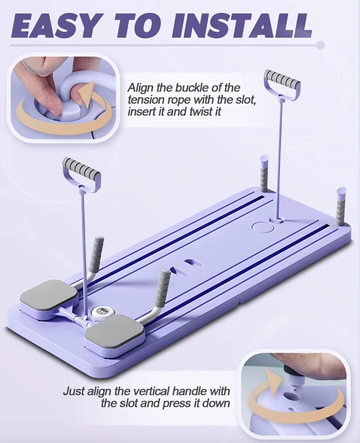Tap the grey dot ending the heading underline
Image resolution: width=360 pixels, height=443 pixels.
tap(320, 45)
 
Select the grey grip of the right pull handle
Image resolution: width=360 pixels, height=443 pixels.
tap(282, 79)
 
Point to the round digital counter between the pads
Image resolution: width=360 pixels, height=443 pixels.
tap(101, 312)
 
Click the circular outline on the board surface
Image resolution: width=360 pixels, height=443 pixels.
tap(263, 227)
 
